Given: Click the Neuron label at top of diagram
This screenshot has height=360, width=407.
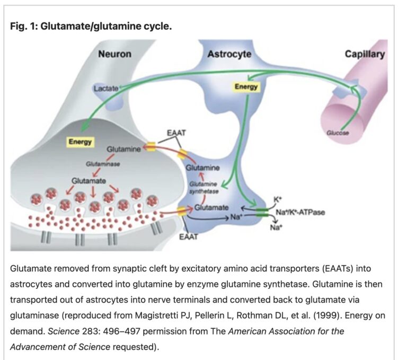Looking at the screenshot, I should (x=114, y=54).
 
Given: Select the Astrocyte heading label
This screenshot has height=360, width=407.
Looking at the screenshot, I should (x=229, y=54).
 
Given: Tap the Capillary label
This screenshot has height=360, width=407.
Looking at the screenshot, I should (x=365, y=54).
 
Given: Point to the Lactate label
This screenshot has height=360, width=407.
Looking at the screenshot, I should (x=106, y=89).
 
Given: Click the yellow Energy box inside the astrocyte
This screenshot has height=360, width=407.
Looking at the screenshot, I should (x=246, y=86).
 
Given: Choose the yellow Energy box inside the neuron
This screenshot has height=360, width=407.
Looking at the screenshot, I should (x=80, y=142).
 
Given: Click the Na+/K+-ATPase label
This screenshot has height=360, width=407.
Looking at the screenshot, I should (x=300, y=212).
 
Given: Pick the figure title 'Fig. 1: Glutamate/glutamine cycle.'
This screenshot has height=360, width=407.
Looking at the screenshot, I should (x=91, y=27).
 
